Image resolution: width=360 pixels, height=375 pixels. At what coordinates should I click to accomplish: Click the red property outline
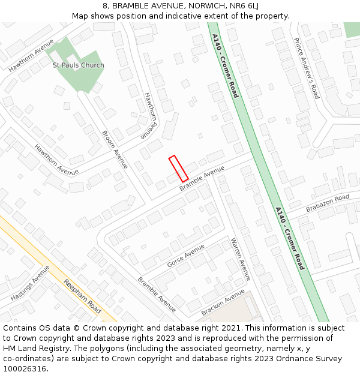178,169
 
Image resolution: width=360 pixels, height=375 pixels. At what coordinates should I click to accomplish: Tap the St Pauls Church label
78,65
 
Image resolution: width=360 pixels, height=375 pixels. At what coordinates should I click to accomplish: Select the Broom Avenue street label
115,149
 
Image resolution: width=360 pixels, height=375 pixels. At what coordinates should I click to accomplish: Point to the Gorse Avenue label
186,255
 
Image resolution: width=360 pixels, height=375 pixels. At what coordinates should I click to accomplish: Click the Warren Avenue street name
241,259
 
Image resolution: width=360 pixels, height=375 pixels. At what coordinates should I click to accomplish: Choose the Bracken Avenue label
223,302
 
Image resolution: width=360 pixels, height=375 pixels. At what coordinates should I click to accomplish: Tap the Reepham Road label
83,298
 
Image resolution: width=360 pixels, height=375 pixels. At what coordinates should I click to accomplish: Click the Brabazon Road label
327,203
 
